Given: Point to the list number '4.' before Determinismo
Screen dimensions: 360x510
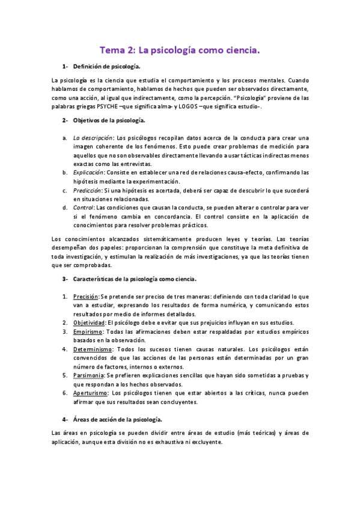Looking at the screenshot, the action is (x=65, y=349).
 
